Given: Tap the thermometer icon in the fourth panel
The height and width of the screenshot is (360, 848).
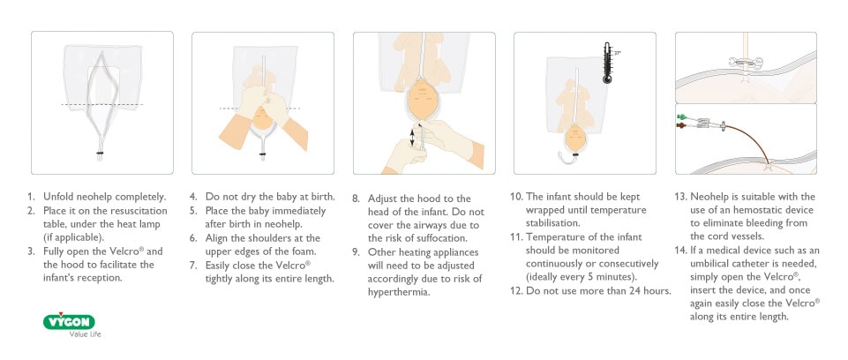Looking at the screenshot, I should tap(607, 64).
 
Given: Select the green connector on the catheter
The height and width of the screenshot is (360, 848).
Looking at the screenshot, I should tap(680, 116).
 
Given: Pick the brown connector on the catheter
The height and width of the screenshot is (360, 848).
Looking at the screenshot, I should tap(680, 126).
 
